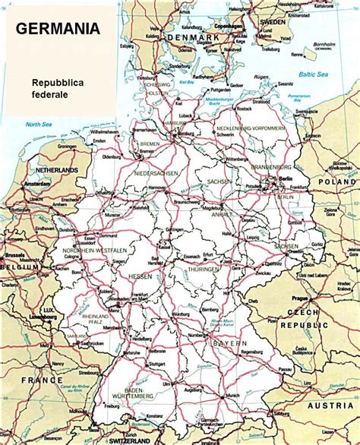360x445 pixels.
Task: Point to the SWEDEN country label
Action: [x=273, y=23]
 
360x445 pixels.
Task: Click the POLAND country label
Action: [x=336, y=182]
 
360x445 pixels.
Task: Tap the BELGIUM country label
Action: [x=19, y=268]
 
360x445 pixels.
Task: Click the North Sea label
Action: [x=34, y=123]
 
